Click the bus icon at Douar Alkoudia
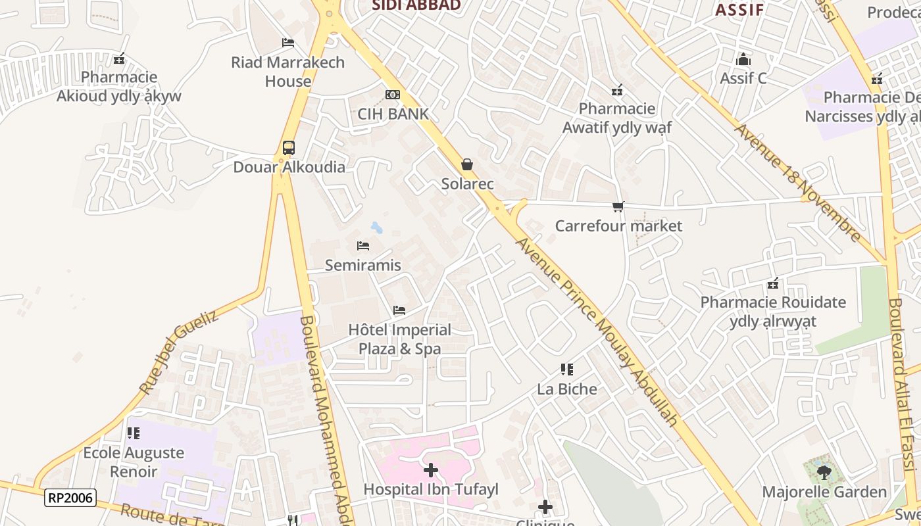tap(288, 148)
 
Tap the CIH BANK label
tap(393, 114)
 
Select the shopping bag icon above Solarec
tap(467, 164)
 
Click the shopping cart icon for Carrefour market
tap(618, 207)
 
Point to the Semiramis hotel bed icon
tap(362, 246)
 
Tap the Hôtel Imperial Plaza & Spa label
tap(399, 339)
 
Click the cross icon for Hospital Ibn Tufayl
tap(431, 470)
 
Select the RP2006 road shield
tap(70, 498)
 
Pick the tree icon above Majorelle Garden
tap(824, 472)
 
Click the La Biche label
tap(567, 389)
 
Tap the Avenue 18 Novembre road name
tap(798, 183)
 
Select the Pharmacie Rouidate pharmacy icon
tap(773, 284)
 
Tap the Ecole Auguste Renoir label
tap(134, 462)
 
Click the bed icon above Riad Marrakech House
tap(287, 43)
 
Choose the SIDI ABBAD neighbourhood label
tap(416, 6)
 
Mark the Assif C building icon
tap(743, 60)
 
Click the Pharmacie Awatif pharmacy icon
tap(616, 90)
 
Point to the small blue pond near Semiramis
tap(376, 228)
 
